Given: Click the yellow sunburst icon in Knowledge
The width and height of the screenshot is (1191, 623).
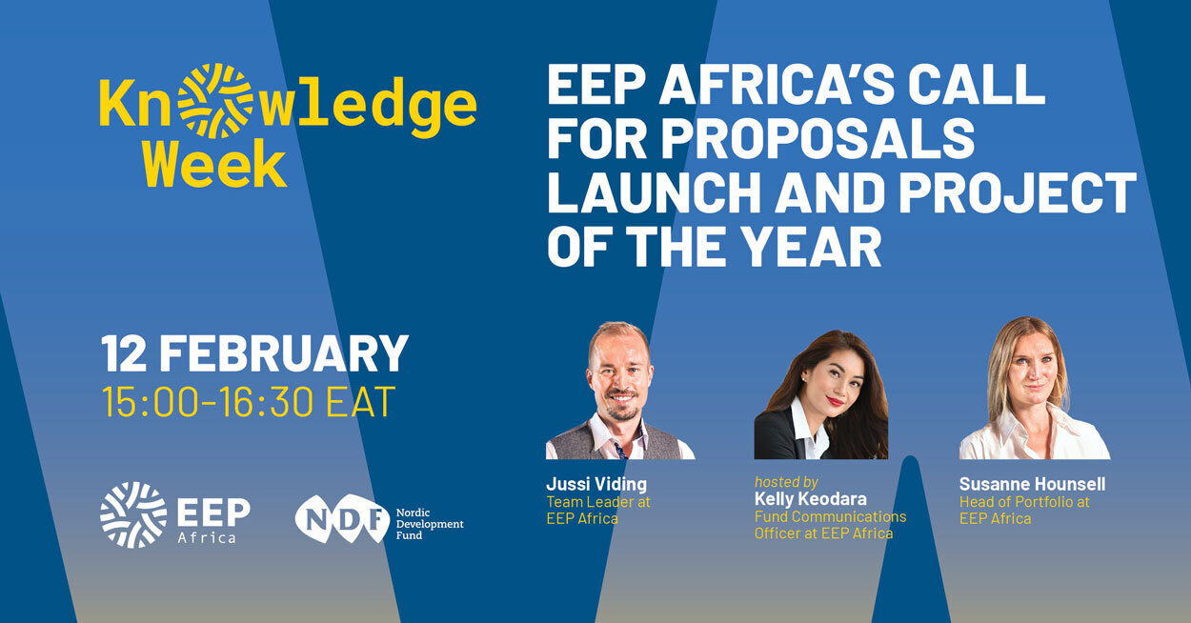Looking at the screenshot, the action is click(214, 101).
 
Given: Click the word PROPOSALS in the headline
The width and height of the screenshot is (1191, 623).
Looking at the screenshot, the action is click(818, 138).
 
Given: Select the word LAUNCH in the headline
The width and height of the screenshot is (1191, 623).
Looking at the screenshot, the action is click(654, 191).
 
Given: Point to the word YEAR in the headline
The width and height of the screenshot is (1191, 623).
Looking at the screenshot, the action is click(812, 246).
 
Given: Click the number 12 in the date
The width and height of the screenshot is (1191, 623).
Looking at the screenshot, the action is click(124, 353).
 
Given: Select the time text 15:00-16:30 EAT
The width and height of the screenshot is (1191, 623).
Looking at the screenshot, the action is click(249, 402).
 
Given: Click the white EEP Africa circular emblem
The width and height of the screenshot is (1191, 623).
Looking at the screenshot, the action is click(133, 514).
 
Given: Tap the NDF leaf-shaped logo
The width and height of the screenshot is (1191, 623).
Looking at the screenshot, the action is click(342, 518).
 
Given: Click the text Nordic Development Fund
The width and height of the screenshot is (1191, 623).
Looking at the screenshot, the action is click(430, 524).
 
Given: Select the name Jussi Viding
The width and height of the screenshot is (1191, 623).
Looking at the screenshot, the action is click(596, 484).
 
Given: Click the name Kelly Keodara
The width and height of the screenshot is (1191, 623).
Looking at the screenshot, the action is click(810, 498).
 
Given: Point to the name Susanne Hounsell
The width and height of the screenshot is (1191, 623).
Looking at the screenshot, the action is click(1032, 484).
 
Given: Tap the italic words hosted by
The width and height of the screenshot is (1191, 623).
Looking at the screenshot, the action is click(786, 482).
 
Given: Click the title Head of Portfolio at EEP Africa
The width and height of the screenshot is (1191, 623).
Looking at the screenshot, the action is click(1024, 511).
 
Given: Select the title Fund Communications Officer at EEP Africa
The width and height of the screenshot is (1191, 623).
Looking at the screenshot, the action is click(831, 525).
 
